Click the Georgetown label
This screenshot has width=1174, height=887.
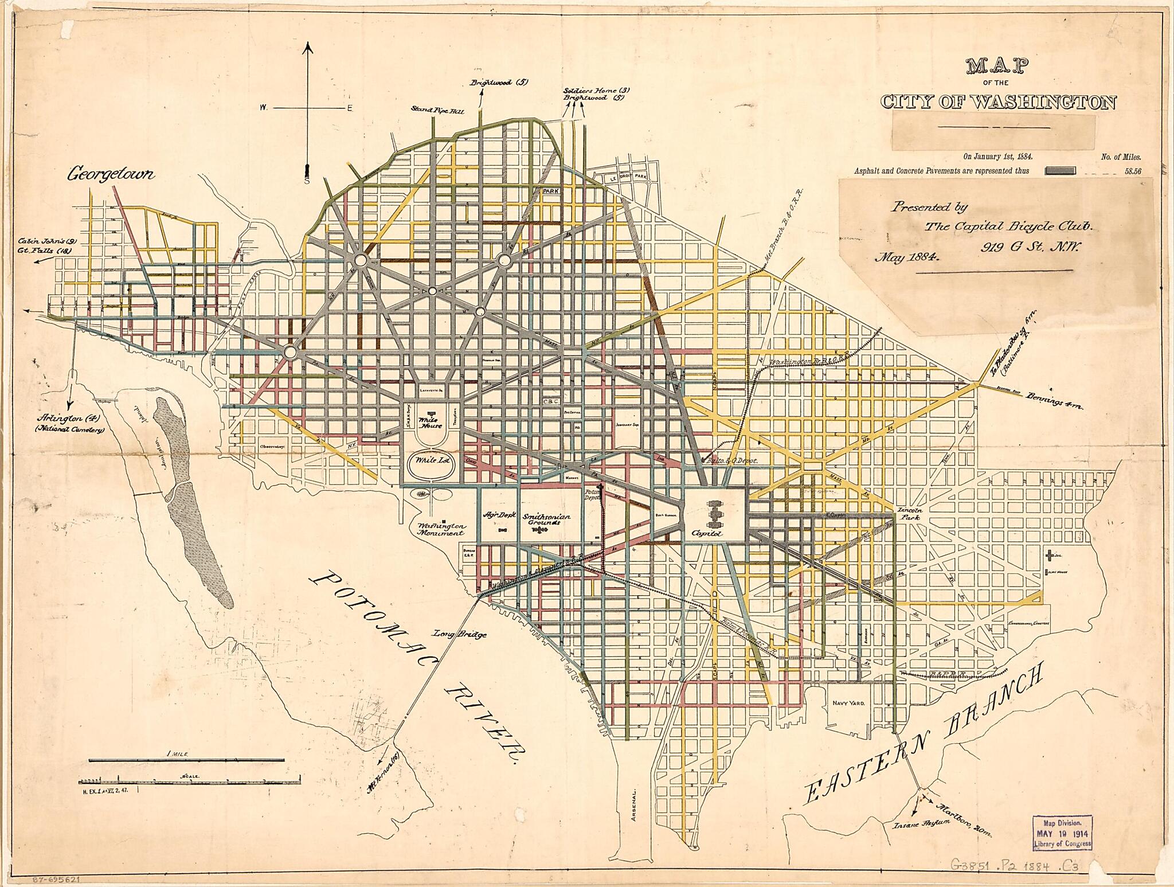point(111,174)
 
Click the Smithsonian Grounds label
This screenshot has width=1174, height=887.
point(546,520)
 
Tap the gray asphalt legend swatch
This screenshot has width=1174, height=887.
point(1060,170)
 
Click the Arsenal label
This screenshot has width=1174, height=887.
point(633,809)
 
